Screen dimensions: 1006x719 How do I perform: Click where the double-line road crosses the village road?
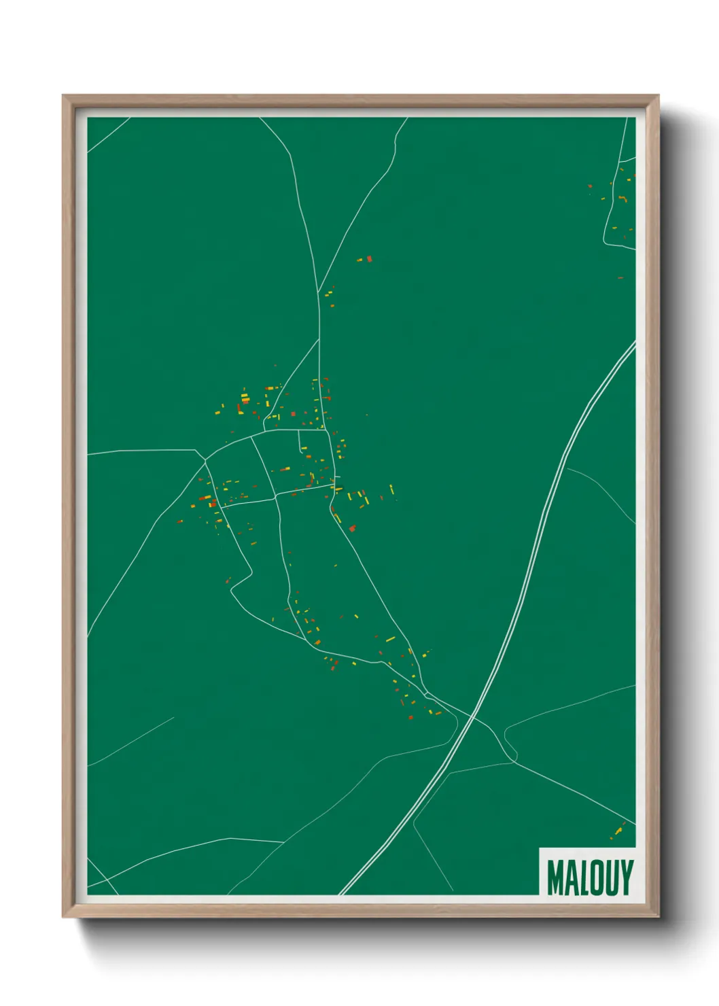(x=472, y=715)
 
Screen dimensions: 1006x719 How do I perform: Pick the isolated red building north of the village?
(x=369, y=258)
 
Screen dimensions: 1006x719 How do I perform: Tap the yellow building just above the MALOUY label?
(x=618, y=831)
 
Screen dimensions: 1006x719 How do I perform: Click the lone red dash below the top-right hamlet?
(x=620, y=277)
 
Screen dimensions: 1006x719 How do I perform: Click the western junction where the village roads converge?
(x=205, y=463)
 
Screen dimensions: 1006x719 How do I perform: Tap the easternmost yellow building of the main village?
(x=391, y=489)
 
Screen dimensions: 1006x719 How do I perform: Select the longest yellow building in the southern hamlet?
(x=390, y=639)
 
